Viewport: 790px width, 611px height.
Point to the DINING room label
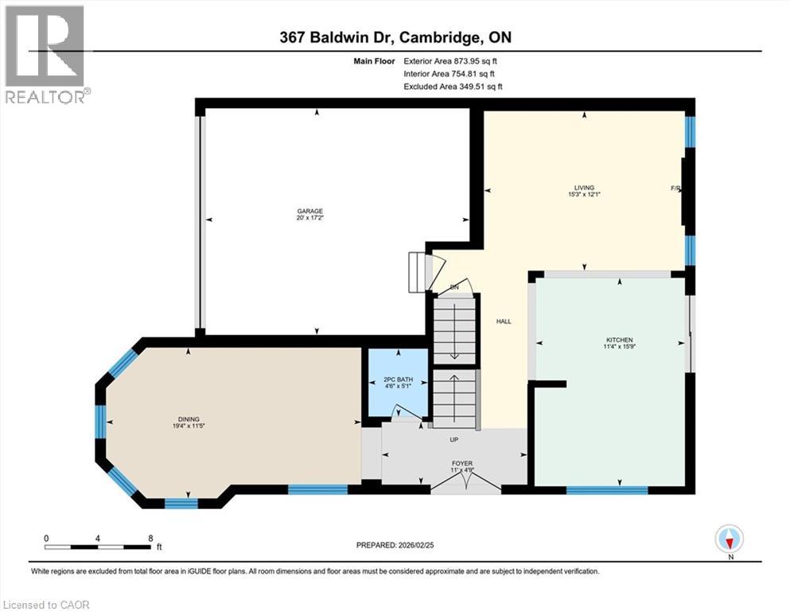click(189, 419)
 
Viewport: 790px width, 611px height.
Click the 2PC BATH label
click(395, 381)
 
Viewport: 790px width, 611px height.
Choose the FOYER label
click(461, 463)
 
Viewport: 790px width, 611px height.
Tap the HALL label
click(503, 321)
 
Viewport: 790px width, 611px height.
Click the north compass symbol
click(729, 540)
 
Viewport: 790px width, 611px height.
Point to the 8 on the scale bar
click(150, 538)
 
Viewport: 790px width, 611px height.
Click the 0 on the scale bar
click(46, 538)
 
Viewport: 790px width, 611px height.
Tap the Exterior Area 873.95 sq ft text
click(453, 60)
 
